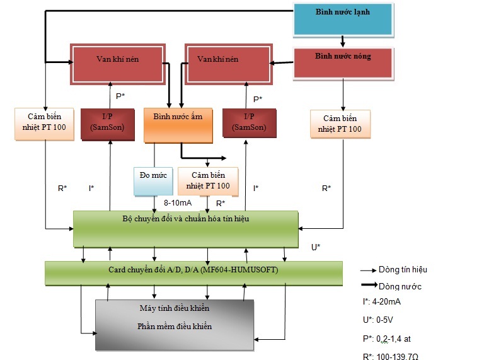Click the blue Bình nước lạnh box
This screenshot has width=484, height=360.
click(343, 20)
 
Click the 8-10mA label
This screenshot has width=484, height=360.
click(177, 203)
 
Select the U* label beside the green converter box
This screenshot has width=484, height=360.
click(316, 247)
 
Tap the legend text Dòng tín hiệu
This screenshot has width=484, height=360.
click(403, 269)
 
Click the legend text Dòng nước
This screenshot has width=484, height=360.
click(400, 286)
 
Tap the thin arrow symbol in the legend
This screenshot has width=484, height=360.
click(368, 270)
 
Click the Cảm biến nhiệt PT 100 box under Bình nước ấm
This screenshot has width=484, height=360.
click(209, 182)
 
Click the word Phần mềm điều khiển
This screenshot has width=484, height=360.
click(174, 327)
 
